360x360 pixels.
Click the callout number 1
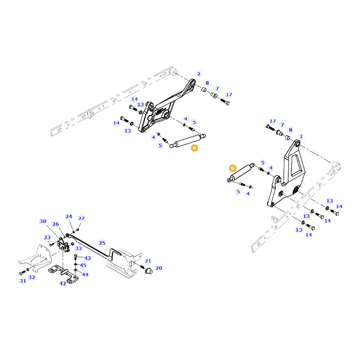(301, 136)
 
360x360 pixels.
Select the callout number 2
(199, 74)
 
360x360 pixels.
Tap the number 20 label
(159, 268)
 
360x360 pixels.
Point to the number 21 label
(148, 261)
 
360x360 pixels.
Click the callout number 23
(47, 237)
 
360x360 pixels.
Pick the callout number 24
(69, 216)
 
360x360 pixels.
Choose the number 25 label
(102, 243)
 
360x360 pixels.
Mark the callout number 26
(56, 224)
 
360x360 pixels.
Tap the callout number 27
(82, 218)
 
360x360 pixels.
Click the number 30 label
(43, 221)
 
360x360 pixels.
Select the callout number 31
(23, 281)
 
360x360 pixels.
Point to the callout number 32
(32, 277)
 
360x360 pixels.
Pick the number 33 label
(78, 248)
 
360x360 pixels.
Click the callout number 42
(63, 283)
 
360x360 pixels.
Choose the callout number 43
(88, 258)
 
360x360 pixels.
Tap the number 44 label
(85, 274)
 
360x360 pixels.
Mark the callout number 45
(83, 265)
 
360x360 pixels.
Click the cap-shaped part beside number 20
(149, 271)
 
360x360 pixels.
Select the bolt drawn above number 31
(22, 272)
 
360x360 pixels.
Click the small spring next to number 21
(142, 267)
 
